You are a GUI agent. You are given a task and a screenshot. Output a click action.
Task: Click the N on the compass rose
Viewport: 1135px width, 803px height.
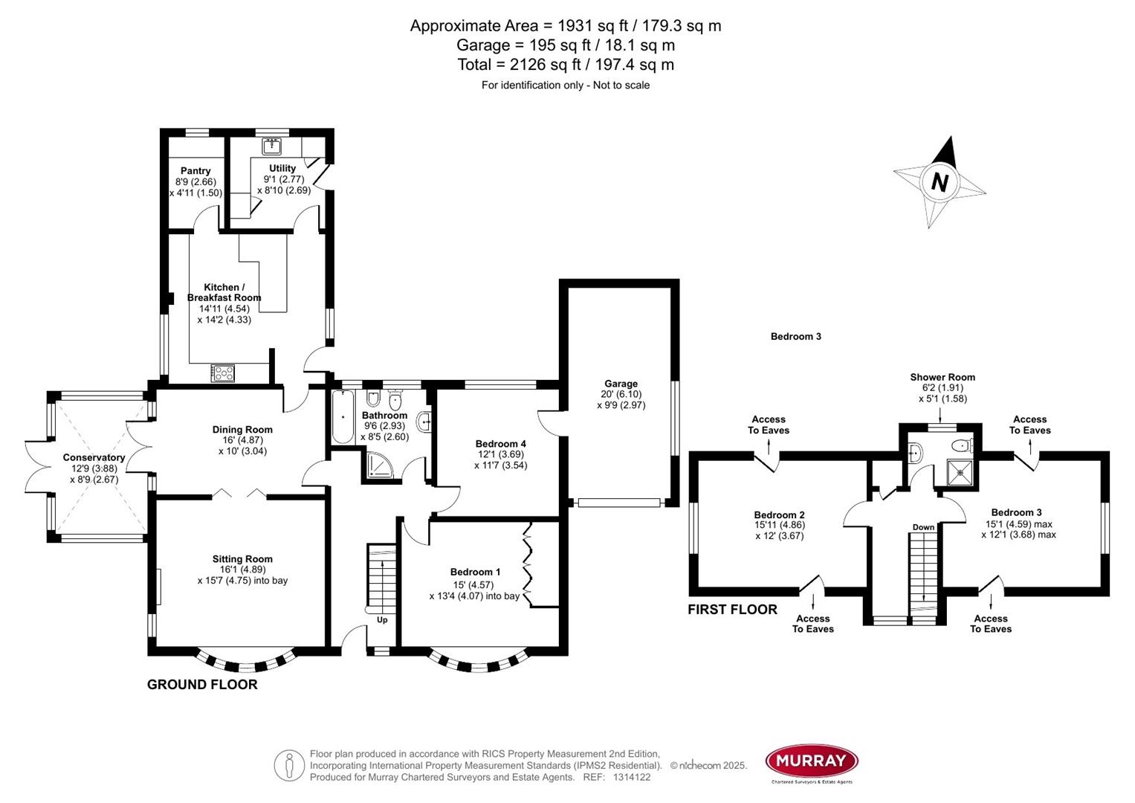coord(940,181)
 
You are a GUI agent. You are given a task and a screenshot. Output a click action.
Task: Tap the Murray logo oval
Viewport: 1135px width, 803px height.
coord(812,761)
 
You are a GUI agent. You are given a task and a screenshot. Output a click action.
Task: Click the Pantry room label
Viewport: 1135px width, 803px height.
coord(195,171)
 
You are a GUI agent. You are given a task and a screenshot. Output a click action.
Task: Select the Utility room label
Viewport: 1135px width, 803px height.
coord(282,169)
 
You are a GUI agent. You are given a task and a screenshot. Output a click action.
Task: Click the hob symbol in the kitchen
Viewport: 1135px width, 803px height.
coord(223,373)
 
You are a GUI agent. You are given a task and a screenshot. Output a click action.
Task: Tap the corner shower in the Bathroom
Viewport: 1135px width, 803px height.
coord(380,465)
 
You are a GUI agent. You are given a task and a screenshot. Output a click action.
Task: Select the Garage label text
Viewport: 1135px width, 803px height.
coord(621,384)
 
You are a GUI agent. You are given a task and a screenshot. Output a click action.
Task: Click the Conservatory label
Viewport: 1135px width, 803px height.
coord(94,457)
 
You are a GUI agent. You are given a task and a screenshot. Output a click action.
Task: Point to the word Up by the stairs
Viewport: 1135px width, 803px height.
coord(382,620)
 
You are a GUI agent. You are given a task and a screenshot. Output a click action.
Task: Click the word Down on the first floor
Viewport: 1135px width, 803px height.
coord(923,527)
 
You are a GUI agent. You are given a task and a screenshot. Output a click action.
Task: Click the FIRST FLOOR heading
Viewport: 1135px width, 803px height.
coord(732,610)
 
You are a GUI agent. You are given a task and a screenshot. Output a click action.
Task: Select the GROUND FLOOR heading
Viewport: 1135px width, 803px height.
coord(202,685)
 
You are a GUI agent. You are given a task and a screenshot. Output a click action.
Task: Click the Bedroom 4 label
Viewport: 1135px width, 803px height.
coord(501,444)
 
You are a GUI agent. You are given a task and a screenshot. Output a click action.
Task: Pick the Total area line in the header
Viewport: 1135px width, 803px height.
coord(566,65)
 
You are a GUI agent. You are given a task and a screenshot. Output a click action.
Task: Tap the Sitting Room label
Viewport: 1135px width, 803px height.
coord(242,559)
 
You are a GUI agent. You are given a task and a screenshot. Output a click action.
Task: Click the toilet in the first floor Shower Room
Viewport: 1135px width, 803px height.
coord(961,446)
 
